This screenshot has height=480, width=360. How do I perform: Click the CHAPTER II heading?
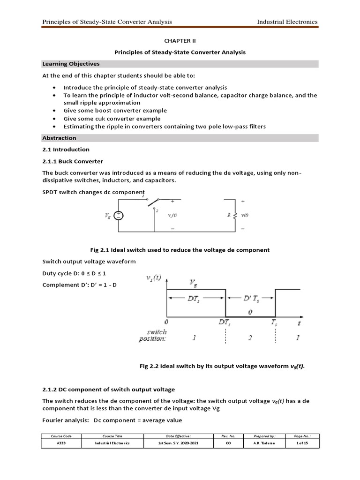[180, 41]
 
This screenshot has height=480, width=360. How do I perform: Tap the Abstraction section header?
[59, 138]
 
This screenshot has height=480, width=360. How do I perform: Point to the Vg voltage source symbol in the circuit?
[119, 216]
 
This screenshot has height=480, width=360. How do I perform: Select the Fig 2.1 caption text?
[180, 250]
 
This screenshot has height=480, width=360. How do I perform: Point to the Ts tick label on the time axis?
[275, 322]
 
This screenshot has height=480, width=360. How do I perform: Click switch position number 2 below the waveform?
[250, 338]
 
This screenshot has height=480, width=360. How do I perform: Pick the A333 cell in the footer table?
[61, 442]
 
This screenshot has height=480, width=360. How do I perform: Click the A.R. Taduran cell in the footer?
[258, 442]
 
